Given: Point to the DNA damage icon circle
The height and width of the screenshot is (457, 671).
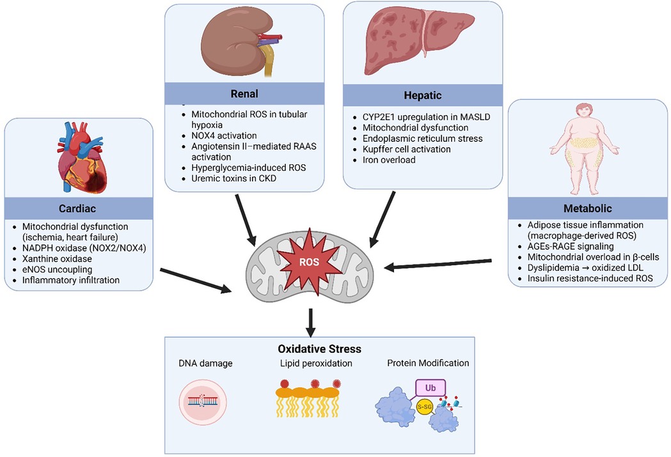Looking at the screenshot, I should (204, 403).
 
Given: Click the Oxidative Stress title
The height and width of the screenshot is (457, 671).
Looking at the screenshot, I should (310, 349).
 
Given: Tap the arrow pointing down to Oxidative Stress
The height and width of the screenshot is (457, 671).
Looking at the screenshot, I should (310, 323).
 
